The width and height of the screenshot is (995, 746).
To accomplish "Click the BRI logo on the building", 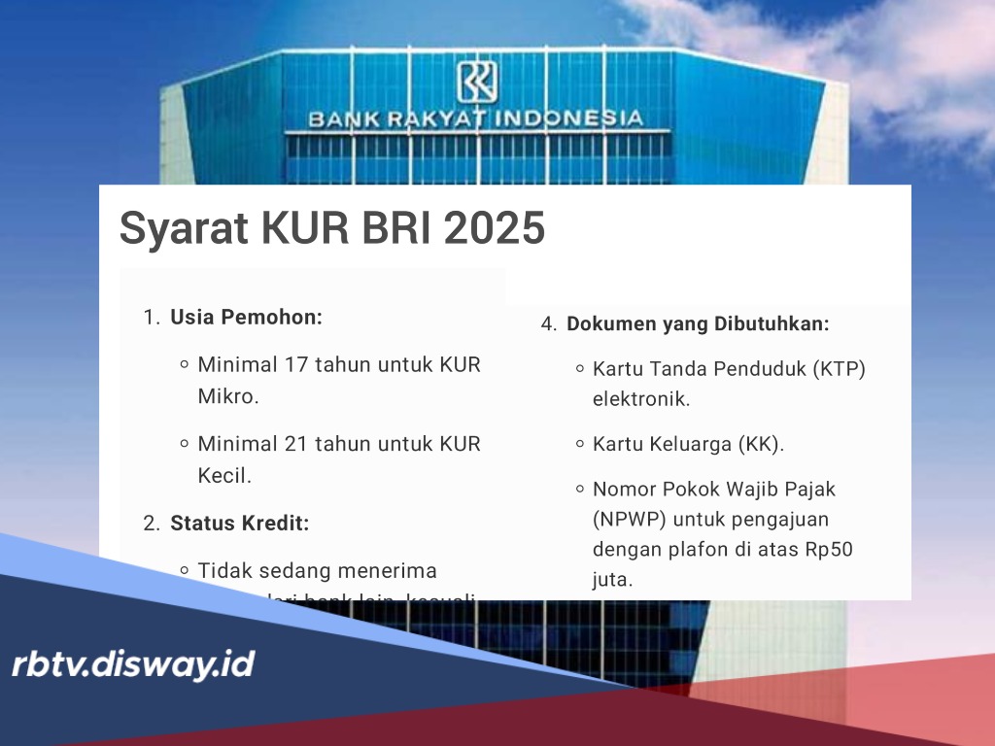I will [476, 82].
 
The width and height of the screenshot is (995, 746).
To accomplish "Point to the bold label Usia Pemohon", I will [246, 317].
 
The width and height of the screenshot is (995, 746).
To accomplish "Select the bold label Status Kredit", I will [239, 523].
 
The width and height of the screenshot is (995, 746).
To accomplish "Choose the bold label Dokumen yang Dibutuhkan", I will [698, 323].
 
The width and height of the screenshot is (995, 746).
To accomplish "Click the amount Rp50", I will [829, 549].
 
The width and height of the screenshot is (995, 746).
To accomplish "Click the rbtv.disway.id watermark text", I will [133, 664].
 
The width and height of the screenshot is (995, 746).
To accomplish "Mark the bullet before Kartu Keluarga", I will [579, 444].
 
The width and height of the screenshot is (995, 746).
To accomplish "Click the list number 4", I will [547, 323].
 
